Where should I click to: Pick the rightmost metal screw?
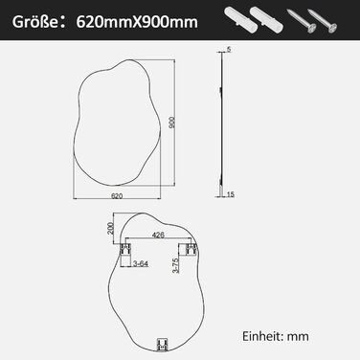pyautogui.click(x=329, y=18)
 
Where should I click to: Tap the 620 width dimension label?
pyautogui.click(x=118, y=195)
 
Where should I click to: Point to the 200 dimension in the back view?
pyautogui.click(x=111, y=228)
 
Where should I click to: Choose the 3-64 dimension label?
pyautogui.click(x=141, y=262)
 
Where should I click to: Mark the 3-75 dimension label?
pyautogui.click(x=174, y=265)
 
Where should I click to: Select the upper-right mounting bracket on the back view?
pyautogui.click(x=191, y=251)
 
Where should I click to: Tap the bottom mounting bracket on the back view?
pyautogui.click(x=161, y=341)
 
